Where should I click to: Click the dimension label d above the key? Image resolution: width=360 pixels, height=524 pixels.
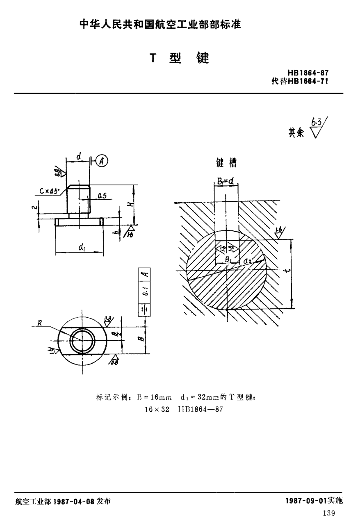pyautogui.click(x=78, y=156)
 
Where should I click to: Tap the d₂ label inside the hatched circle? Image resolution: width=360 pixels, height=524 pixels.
pyautogui.click(x=247, y=261)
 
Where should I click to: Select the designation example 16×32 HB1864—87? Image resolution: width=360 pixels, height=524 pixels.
pyautogui.click(x=183, y=409)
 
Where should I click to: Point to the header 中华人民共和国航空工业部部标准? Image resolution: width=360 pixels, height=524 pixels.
pyautogui.click(x=160, y=25)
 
